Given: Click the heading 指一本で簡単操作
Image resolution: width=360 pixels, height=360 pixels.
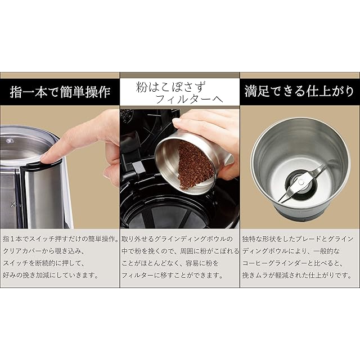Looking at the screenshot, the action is [60, 92].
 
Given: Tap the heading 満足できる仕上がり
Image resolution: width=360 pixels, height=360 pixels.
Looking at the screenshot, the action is [299, 91].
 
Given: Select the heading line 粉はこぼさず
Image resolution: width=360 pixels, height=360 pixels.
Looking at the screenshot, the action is [170, 87].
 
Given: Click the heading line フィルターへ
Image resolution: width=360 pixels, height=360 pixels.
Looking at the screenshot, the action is [190, 99].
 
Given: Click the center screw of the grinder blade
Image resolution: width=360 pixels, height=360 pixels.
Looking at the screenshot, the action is [301, 182].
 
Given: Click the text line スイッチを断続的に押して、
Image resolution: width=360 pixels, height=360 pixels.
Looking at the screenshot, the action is [44, 263].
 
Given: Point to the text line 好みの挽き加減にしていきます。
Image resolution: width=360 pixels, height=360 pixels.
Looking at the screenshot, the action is [51, 275].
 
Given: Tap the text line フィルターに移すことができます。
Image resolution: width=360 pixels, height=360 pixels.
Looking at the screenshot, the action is [173, 275].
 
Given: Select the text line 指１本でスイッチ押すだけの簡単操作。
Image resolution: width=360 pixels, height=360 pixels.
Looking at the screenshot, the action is [61, 239].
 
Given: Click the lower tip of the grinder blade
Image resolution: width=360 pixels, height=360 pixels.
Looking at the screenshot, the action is [280, 201].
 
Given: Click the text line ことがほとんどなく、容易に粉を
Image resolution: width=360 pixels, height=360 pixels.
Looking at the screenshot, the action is [170, 263].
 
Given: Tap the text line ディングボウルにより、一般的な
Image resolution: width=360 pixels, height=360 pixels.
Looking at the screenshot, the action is [291, 251].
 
